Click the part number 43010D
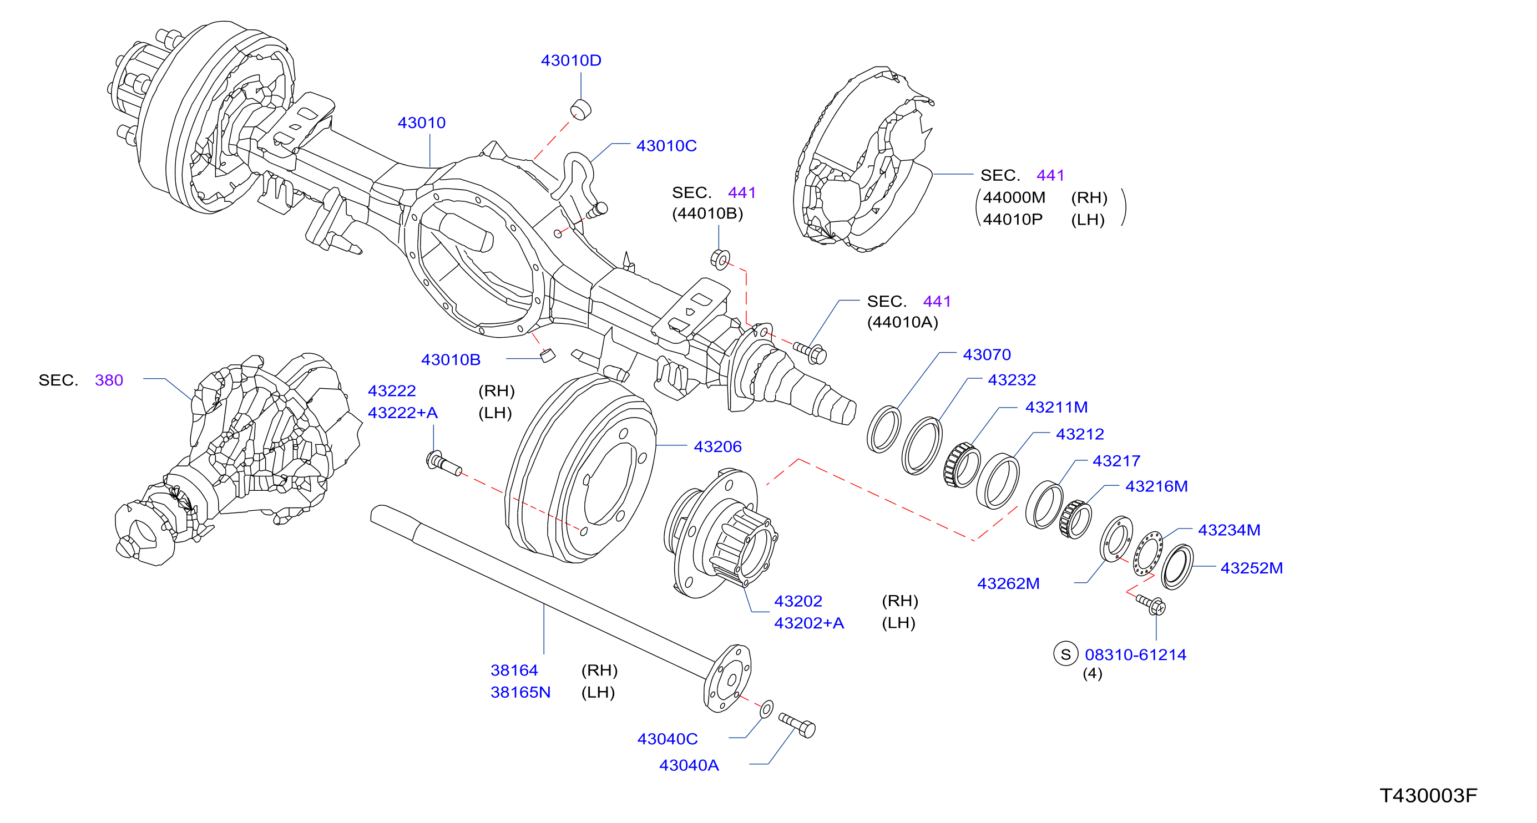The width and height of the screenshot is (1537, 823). tap(571, 60)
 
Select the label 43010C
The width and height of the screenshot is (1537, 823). tap(666, 145)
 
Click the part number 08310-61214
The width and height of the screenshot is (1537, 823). tap(1135, 654)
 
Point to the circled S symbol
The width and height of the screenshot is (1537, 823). tap(1066, 654)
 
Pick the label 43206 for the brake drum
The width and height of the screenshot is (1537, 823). tap(718, 446)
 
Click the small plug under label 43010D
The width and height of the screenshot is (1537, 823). tap(580, 110)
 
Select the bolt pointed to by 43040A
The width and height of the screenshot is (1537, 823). tap(797, 725)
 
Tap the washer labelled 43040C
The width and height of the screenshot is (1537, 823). tap(767, 709)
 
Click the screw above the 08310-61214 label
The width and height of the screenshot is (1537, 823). tap(1151, 604)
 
